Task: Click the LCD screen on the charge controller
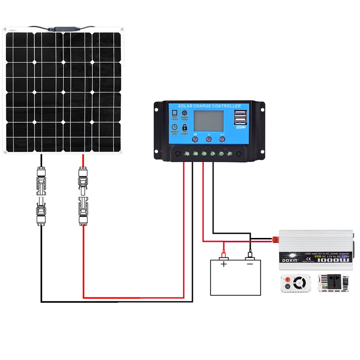click(x=209, y=121)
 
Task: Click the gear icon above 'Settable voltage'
click(x=185, y=112)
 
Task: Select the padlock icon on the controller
click(x=185, y=127)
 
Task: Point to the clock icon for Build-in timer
click(x=175, y=127)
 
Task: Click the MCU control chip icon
click(x=175, y=112)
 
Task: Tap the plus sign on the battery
click(x=224, y=264)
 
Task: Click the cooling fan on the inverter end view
click(x=298, y=283)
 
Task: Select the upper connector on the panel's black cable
click(x=41, y=177)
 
